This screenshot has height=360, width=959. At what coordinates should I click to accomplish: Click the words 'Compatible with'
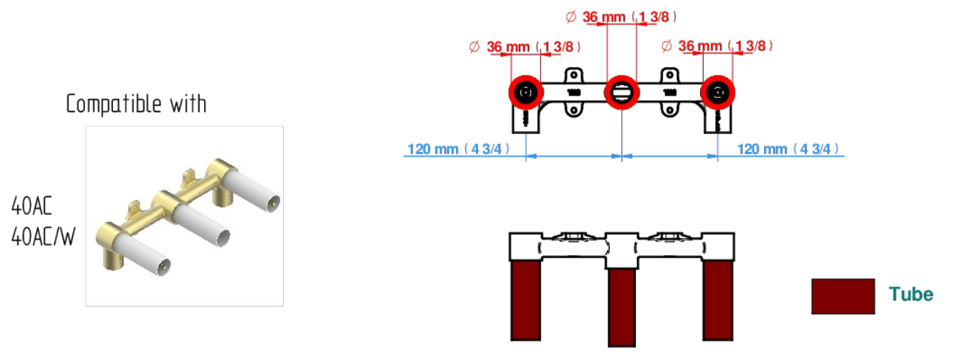tap(136, 104)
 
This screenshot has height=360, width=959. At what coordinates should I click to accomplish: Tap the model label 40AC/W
tap(43, 236)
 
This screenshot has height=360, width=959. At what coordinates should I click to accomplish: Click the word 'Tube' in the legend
tap(911, 294)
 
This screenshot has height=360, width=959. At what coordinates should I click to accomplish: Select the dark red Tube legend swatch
tap(843, 296)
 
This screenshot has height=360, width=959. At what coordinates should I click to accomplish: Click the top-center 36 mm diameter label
tap(621, 17)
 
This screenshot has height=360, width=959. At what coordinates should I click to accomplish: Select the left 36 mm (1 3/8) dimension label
tap(525, 47)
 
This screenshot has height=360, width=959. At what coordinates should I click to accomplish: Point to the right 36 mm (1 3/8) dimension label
tap(717, 46)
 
